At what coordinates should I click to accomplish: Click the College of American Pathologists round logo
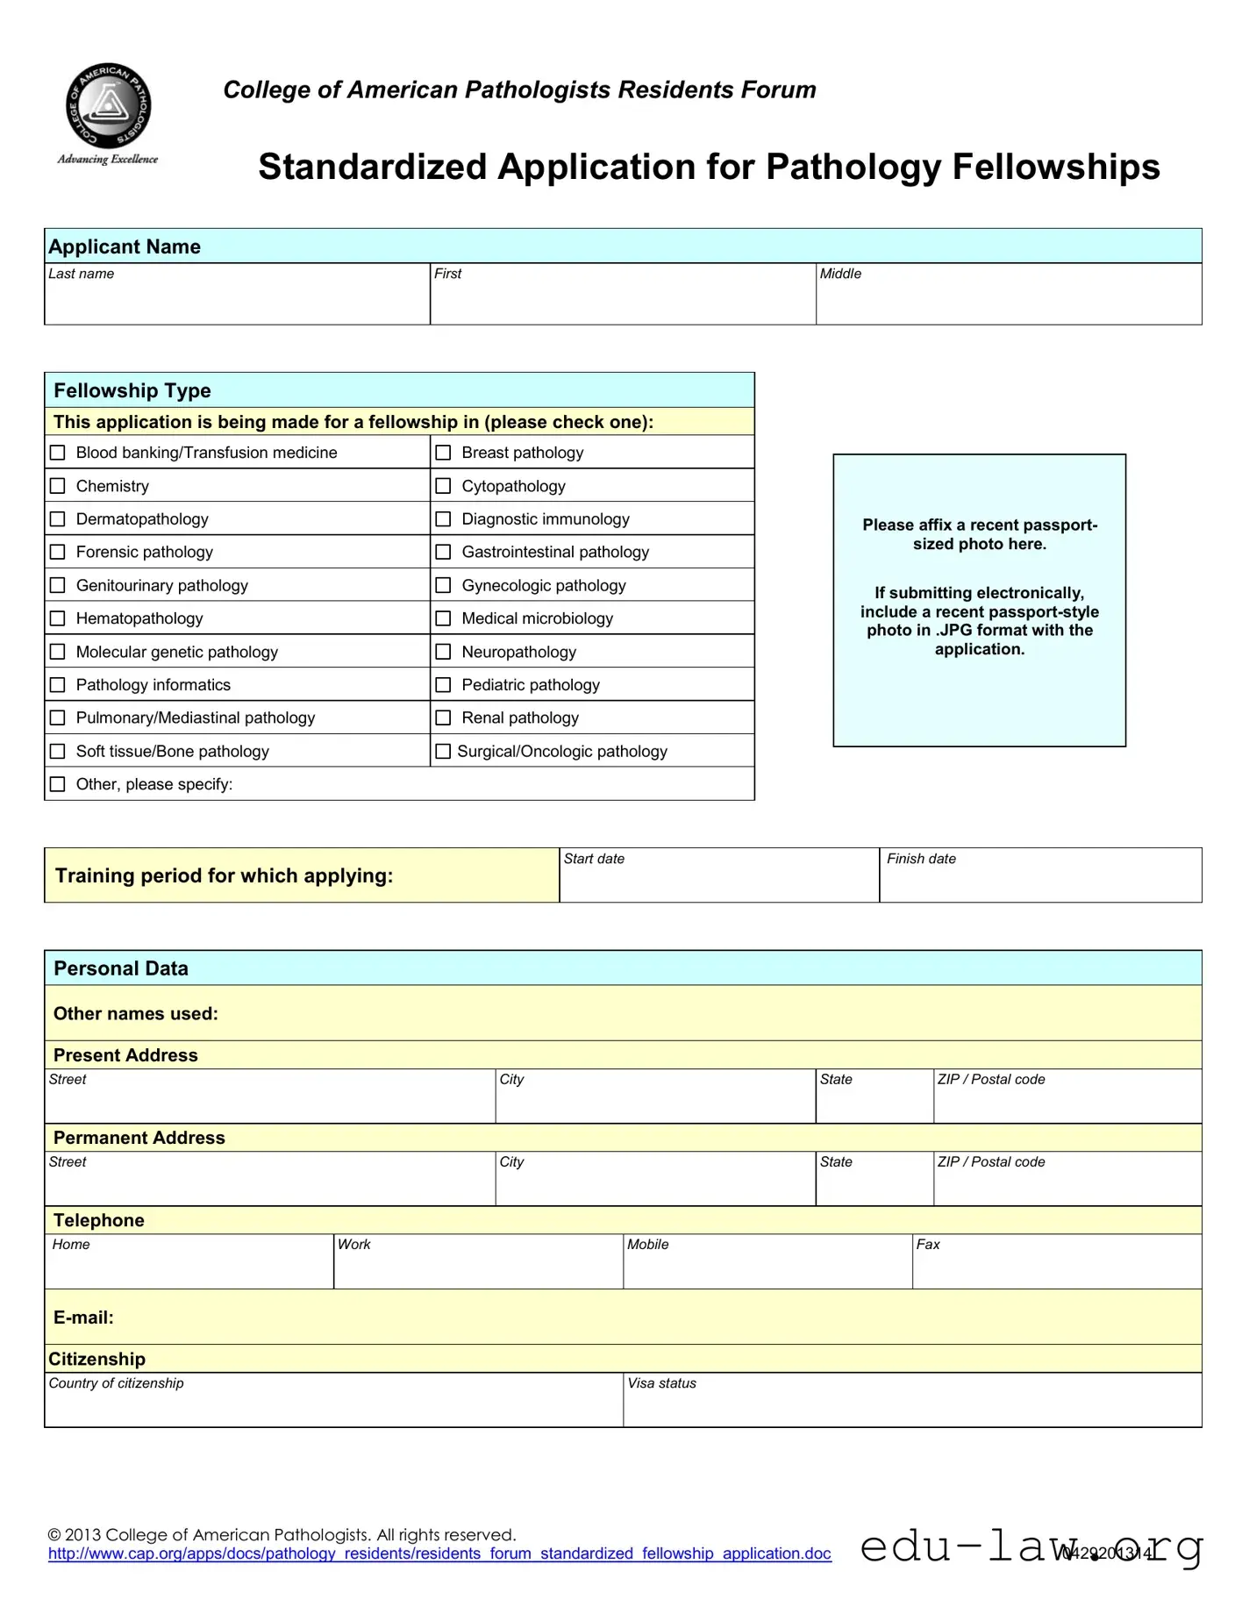[x=109, y=106]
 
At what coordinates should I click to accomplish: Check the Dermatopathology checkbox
[x=58, y=519]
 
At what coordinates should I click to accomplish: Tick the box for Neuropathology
[x=444, y=652]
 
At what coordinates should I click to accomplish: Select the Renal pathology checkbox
[x=444, y=718]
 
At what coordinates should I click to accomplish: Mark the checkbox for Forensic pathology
[x=58, y=552]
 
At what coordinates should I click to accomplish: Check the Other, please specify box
[x=58, y=784]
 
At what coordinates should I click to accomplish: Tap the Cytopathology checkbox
[x=444, y=486]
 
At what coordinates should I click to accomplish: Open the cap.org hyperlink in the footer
[x=439, y=1553]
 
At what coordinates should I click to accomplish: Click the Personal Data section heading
[x=121, y=968]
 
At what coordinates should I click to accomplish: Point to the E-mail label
[x=83, y=1318]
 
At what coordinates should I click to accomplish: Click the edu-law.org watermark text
[x=1031, y=1546]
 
